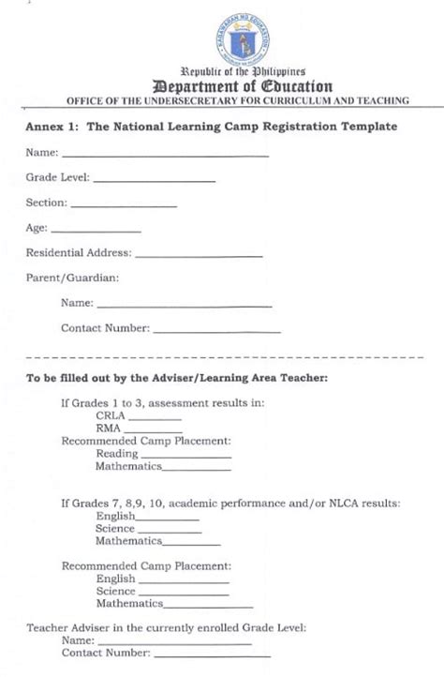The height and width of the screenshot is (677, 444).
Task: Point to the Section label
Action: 46,202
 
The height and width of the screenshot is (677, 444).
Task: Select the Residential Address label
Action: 79,252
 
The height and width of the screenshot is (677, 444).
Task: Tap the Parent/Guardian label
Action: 72,278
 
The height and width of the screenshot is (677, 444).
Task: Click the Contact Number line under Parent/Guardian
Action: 215,331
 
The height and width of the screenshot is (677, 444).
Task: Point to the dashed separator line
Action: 222,359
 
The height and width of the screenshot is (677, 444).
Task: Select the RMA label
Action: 108,428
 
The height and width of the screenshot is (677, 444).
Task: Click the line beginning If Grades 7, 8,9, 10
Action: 230,504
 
